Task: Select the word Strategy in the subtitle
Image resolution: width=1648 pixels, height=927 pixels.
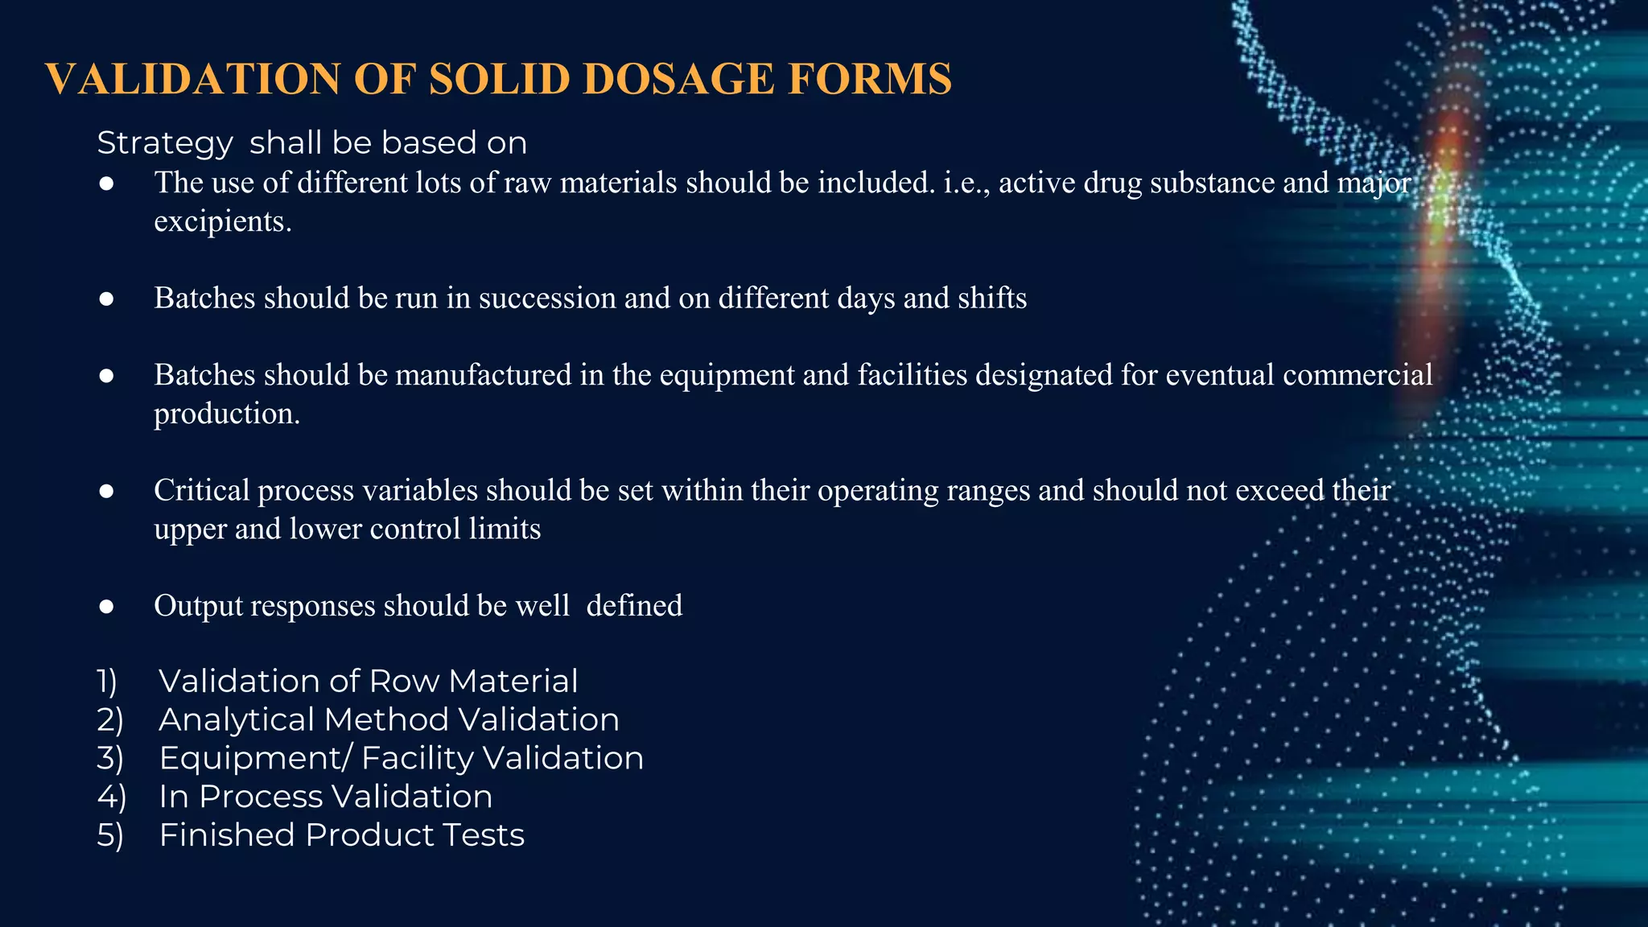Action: point(165,144)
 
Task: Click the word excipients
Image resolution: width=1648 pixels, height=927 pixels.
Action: point(222,221)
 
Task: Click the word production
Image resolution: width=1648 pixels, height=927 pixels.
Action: point(226,414)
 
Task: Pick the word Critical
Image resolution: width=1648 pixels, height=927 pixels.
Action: point(202,490)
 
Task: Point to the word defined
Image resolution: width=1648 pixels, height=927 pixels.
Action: point(634,606)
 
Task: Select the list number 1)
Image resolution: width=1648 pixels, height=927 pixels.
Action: point(108,682)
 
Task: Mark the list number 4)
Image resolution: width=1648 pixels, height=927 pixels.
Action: point(111,797)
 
